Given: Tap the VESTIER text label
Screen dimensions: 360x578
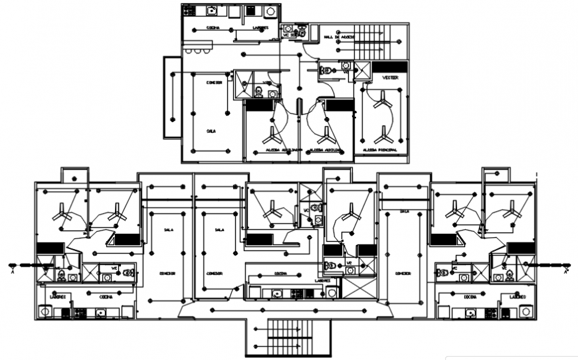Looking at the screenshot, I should click(x=390, y=78).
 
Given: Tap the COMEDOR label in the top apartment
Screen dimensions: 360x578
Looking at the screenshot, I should click(x=213, y=82).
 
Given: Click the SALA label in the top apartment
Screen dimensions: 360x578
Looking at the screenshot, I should click(x=211, y=131).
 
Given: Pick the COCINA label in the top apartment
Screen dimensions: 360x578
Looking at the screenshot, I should click(x=213, y=29).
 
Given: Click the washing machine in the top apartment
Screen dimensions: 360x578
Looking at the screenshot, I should click(x=270, y=11).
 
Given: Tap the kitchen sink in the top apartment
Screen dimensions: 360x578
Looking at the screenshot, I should click(x=211, y=11).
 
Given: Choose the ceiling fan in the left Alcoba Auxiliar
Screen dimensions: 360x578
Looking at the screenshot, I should click(x=272, y=137).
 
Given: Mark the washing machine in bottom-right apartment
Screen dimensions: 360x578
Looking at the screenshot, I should click(x=526, y=310).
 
